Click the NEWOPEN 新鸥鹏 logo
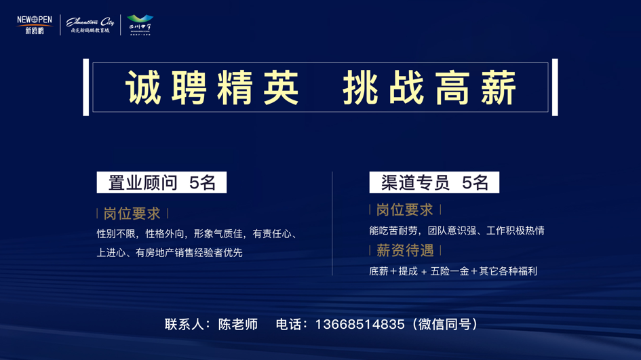[35, 25]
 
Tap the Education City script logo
[90, 26]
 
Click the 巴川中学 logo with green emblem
[140, 24]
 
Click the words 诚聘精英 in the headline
[212, 88]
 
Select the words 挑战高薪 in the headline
[430, 88]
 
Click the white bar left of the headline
[86, 87]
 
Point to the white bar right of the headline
[555, 87]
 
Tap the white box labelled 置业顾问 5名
[161, 182]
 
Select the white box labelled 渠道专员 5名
[434, 182]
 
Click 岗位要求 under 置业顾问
[132, 214]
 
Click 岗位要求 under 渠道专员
[404, 210]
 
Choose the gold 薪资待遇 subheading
[405, 251]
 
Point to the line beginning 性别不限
[197, 234]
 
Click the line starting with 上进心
[170, 253]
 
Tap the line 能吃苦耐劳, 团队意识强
[457, 231]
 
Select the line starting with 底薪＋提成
[453, 271]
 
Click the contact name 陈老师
[238, 325]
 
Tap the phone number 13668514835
[360, 325]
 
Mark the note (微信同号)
[448, 325]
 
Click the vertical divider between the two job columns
[332, 224]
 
